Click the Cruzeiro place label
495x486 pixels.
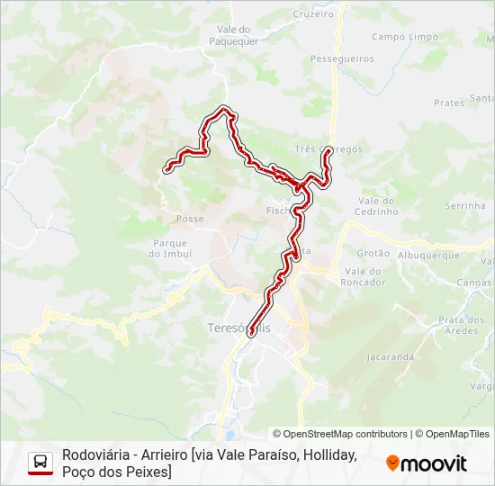[x=314, y=13]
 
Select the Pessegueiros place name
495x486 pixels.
[x=342, y=58]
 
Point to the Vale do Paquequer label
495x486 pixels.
[x=233, y=35]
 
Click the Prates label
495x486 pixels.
[x=448, y=103]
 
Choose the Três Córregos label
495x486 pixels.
[x=328, y=148]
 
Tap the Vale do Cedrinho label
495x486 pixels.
[x=378, y=206]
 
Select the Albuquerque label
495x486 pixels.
[x=428, y=255]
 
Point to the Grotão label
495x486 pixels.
[x=373, y=254]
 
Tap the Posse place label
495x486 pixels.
[x=190, y=219]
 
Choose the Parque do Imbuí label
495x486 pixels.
[x=170, y=248]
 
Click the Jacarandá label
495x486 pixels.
[x=390, y=356]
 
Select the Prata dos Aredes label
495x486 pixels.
[x=462, y=325]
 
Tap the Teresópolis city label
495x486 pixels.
[x=238, y=328]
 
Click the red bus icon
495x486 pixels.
[x=40, y=463]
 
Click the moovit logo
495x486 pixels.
[x=427, y=463]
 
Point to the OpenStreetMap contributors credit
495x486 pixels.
[x=340, y=434]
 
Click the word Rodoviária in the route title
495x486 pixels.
[x=94, y=455]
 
